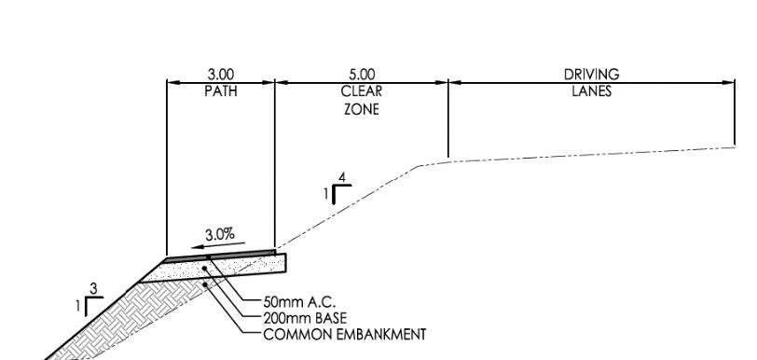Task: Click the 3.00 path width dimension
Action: coord(221,75)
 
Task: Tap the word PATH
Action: coord(221,91)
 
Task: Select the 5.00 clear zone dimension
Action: coord(362,75)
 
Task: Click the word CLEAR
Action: coord(362,91)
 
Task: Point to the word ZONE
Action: coord(362,109)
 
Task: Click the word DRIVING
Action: coord(591,75)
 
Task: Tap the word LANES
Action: coord(591,91)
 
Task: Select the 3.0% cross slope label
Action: coord(220,235)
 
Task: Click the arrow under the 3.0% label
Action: coord(218,245)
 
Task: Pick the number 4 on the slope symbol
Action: coord(342,178)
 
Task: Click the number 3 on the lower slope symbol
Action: coord(93,289)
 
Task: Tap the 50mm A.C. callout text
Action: coord(299,302)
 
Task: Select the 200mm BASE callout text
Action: coord(305,318)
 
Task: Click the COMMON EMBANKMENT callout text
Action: coord(345,335)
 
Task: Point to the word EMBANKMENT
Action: coord(381,335)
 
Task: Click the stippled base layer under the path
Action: coord(217,270)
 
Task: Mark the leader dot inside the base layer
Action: coord(205,268)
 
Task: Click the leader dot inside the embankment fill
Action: coord(205,284)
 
